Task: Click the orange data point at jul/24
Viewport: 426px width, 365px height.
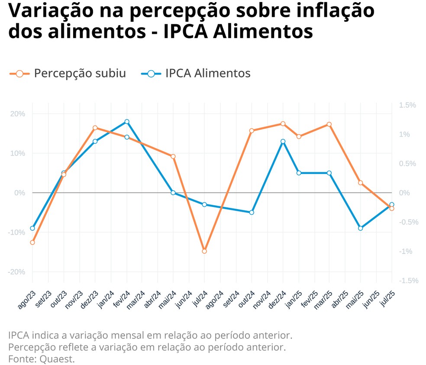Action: (204, 251)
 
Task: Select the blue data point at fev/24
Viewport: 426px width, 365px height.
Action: (127, 122)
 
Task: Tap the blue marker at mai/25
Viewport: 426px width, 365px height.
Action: (360, 228)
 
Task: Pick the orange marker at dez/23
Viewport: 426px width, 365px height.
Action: (95, 128)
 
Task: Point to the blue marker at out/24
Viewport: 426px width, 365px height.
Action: (252, 212)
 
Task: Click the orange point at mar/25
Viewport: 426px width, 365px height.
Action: (329, 124)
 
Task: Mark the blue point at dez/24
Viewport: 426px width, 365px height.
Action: (283, 142)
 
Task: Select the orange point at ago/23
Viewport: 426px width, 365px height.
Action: (32, 242)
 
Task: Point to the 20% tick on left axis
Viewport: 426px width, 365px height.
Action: (18, 114)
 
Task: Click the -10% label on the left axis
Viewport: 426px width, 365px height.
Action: (17, 232)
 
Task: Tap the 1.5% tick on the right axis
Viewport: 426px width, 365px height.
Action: (407, 105)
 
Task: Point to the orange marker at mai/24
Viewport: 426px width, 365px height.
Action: (173, 156)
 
